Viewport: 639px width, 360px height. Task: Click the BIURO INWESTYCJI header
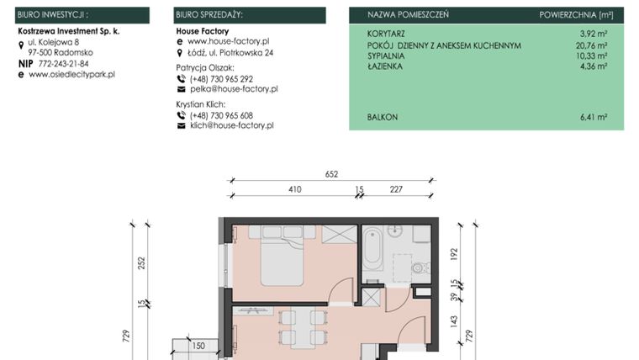(x=53, y=15)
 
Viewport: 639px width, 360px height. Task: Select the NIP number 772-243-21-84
(x=63, y=63)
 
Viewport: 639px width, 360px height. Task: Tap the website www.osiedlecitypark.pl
(x=71, y=74)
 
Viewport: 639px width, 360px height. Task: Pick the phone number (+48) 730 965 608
(x=221, y=115)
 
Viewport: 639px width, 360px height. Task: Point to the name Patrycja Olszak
(x=205, y=67)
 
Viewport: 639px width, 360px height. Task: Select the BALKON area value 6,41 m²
(x=593, y=118)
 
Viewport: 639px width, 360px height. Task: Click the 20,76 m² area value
(x=591, y=45)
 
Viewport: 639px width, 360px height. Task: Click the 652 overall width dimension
(x=331, y=174)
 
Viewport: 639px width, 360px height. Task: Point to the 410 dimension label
(x=294, y=190)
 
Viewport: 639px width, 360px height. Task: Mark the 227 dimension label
(x=397, y=190)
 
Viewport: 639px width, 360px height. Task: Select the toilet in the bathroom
(x=418, y=268)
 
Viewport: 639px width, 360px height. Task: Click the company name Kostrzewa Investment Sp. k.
(x=68, y=30)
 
